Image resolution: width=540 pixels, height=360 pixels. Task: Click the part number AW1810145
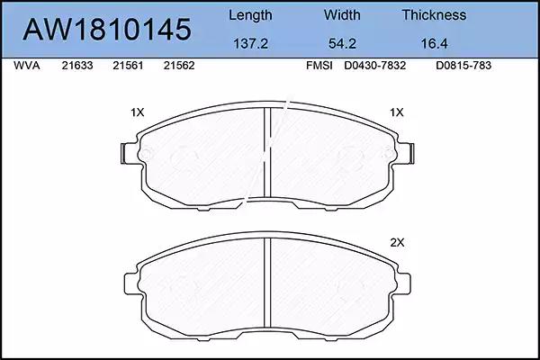(107, 30)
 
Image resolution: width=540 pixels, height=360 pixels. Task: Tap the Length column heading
(250, 15)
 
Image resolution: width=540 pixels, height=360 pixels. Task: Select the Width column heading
(342, 15)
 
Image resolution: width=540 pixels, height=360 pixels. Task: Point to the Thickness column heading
(434, 15)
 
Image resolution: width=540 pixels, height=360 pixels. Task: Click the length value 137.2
(251, 44)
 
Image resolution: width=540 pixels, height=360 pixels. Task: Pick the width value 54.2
(342, 44)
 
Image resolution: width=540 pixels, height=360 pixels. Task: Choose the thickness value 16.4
(434, 44)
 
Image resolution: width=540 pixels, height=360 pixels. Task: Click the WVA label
(27, 66)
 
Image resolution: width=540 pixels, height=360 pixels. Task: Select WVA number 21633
(77, 66)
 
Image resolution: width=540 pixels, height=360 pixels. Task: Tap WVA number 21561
(128, 66)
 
